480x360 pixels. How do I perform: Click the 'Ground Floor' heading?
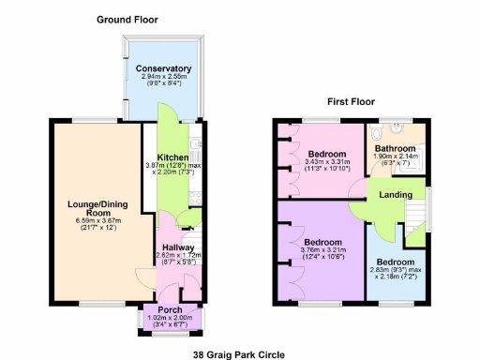pos(127,19)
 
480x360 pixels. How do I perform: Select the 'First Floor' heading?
pos(352,100)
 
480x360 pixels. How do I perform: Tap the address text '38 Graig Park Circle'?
pos(238,354)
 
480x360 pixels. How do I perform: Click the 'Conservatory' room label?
pos(163,68)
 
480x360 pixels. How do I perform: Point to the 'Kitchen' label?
pos(172,157)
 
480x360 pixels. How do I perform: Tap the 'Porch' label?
pos(170,310)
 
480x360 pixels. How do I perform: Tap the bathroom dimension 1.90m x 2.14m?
pos(394,157)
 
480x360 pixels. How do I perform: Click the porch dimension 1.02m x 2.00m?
pos(171,319)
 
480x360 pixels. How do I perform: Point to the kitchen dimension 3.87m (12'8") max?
pos(174,165)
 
